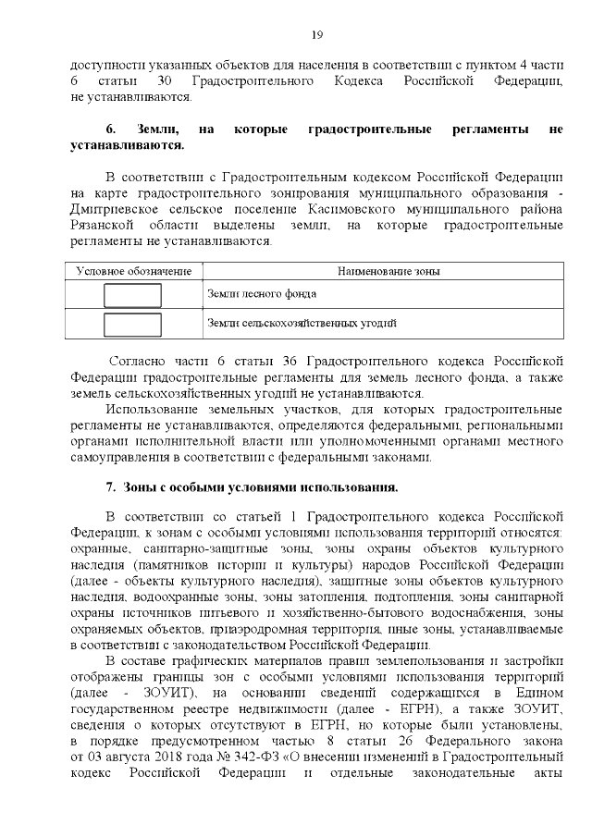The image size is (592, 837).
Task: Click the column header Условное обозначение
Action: pyautogui.click(x=133, y=272)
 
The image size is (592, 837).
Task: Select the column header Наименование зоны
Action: pyautogui.click(x=388, y=272)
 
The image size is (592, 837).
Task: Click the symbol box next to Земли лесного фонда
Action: pyautogui.click(x=132, y=295)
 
